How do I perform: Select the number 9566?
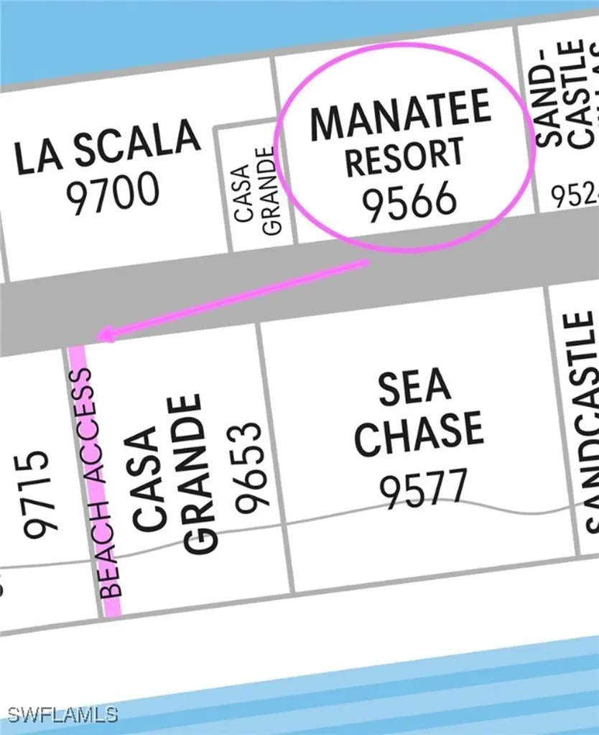(x=409, y=200)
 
